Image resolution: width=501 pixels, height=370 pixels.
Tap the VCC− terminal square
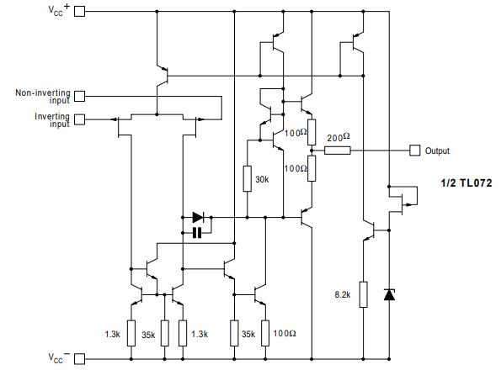(x=81, y=358)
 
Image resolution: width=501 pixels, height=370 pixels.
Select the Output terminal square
(x=414, y=151)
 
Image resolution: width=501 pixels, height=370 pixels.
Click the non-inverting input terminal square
(x=81, y=96)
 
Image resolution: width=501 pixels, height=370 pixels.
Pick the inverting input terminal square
(x=81, y=119)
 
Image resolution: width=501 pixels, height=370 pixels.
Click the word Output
(x=437, y=151)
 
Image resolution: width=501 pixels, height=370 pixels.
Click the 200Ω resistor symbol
(x=338, y=151)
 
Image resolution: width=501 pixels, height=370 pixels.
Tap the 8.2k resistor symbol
(x=363, y=294)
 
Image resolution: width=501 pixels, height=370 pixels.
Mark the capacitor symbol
(x=197, y=231)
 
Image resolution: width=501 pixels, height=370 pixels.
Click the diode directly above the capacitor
(x=198, y=216)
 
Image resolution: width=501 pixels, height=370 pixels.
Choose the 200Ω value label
(x=337, y=137)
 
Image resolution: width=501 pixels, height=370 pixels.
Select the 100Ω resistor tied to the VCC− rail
(x=265, y=333)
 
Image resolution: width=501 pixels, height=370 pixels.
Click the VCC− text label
(x=56, y=357)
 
